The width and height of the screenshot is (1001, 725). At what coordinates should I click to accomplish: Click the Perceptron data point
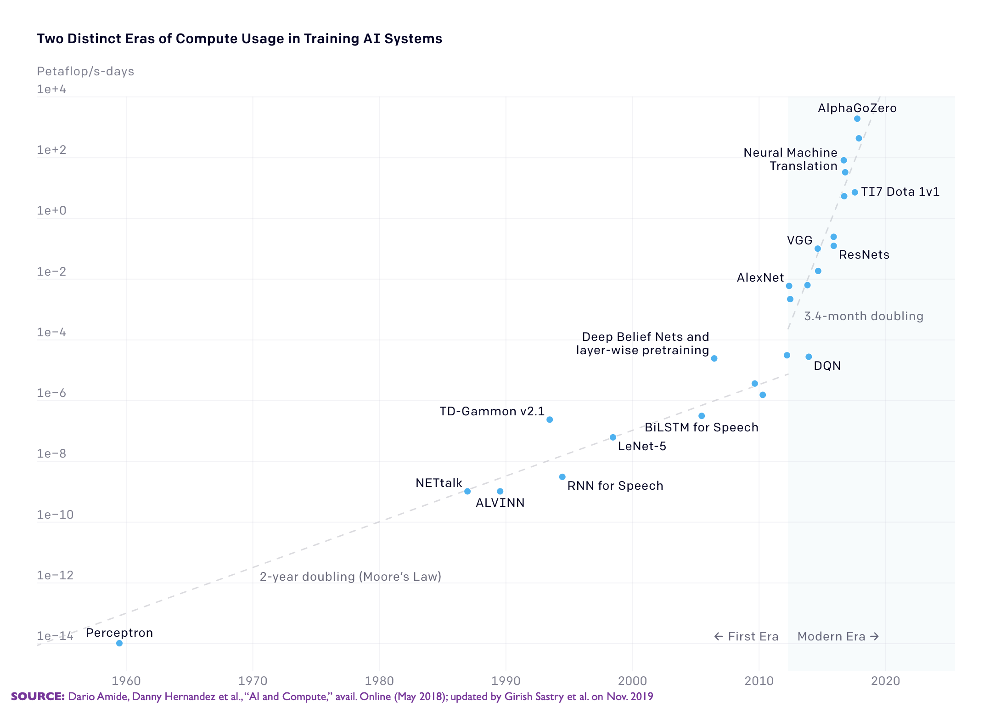[119, 643]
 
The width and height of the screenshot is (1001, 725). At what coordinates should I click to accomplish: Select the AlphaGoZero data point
[857, 119]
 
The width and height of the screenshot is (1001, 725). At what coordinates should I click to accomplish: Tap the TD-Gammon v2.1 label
[492, 411]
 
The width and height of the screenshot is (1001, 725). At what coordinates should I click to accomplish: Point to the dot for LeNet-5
[613, 437]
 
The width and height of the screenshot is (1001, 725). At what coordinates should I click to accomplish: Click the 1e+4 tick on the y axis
[51, 89]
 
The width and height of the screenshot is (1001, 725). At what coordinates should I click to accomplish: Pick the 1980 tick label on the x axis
[379, 680]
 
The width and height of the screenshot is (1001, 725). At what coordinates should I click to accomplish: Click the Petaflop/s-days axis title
[85, 71]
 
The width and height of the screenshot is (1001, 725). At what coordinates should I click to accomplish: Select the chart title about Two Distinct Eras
[239, 39]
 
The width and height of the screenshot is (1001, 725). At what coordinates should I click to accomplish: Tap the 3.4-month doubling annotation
[863, 316]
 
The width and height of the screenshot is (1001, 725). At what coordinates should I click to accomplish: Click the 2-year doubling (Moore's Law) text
[350, 577]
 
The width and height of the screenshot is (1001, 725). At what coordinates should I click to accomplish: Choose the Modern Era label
[838, 636]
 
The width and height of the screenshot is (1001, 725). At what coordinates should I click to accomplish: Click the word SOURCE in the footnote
[38, 697]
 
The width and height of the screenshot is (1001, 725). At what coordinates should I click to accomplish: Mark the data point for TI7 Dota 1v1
[855, 193]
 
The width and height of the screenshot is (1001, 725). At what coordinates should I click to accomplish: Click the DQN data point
[809, 357]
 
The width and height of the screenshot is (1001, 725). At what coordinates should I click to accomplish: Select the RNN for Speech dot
[562, 477]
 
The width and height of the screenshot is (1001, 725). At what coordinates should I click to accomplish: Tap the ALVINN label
[500, 503]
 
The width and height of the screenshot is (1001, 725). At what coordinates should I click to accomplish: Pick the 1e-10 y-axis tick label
[55, 515]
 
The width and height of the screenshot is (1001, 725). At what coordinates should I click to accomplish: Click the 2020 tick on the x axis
[885, 680]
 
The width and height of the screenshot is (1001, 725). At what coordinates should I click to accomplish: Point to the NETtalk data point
[467, 491]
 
